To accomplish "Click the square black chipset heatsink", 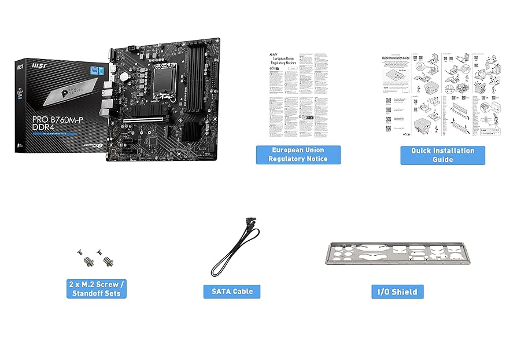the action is pyautogui.click(x=191, y=131).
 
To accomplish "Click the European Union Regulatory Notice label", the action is pyautogui.click(x=298, y=155).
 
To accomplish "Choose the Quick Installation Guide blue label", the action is pyautogui.click(x=442, y=155).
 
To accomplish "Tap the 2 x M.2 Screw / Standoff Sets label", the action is pyautogui.click(x=96, y=289).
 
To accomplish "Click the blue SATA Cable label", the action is pyautogui.click(x=232, y=291).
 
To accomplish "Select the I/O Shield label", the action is pyautogui.click(x=397, y=292).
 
